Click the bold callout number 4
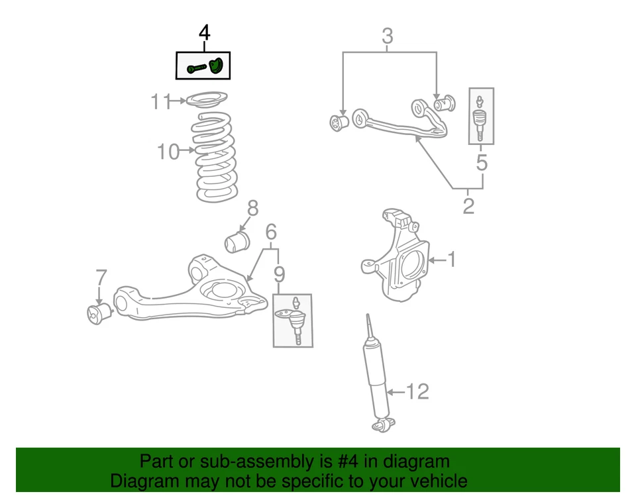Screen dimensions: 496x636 [x=205, y=32]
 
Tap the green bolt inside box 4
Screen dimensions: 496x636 [x=197, y=68]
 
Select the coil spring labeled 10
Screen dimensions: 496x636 [x=216, y=156]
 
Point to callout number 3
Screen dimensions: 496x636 [x=388, y=36]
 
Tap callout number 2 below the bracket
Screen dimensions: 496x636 [x=468, y=206]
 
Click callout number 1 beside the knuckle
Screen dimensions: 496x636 [x=451, y=260]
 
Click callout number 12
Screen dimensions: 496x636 [x=417, y=392]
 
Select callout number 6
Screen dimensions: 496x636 [x=271, y=232]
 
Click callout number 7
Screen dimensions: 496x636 [x=100, y=277]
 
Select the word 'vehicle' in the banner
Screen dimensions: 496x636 [x=435, y=481]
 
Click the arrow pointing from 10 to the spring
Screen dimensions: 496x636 [x=188, y=151]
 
